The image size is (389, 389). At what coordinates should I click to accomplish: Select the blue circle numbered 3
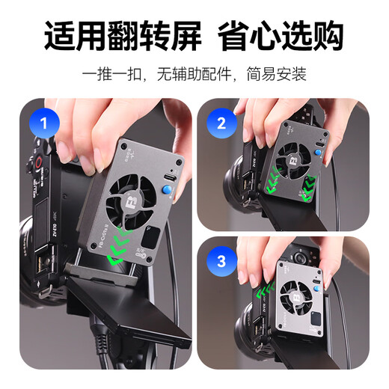pos(221,263)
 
